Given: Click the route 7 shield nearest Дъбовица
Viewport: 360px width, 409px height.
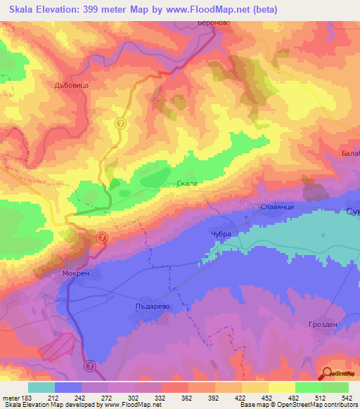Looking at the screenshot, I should pos(120,122).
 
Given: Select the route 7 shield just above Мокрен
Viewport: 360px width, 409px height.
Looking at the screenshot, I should pos(102,238).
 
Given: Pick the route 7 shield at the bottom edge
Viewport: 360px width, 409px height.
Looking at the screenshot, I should pos(90,366).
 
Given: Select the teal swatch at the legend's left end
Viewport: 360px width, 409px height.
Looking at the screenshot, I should pos(41,387).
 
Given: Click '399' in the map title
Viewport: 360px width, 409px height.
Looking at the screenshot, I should pos(105,10).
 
